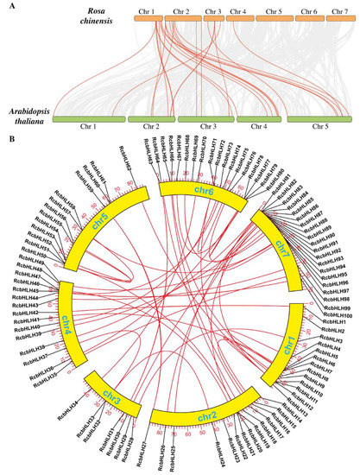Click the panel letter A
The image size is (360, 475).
point(7,7)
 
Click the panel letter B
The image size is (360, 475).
point(7,135)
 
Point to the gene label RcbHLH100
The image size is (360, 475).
point(337,316)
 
